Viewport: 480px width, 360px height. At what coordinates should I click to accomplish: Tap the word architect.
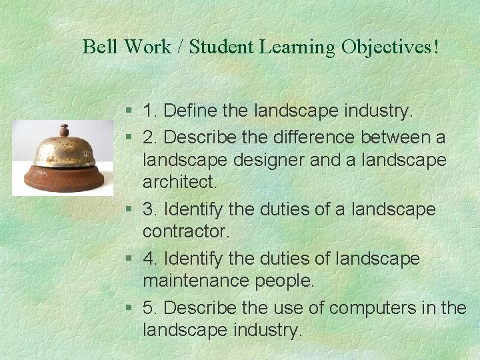point(180,182)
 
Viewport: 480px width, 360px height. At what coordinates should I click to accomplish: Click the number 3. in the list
point(150,210)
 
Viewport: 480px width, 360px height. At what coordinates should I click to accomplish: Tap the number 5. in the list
point(150,307)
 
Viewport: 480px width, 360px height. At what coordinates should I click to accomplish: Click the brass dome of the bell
point(64,151)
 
